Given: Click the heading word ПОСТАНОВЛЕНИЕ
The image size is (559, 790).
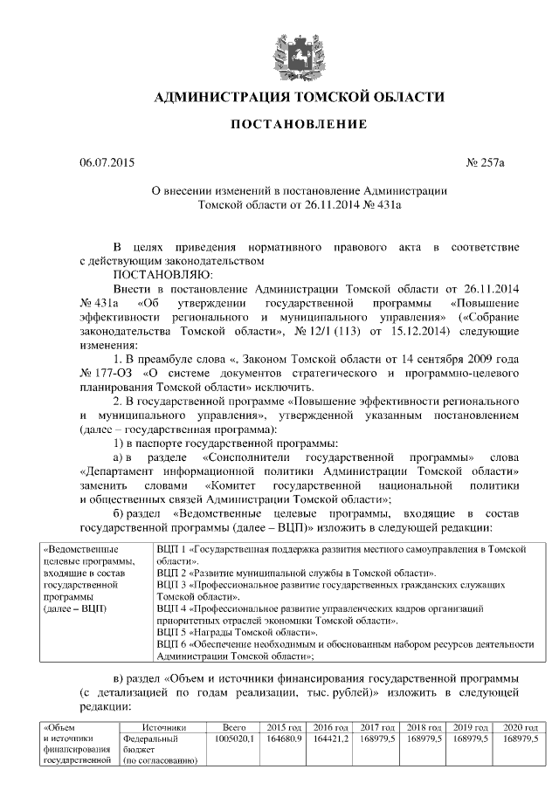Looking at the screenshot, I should [x=298, y=125].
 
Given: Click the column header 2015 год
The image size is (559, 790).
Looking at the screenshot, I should [x=284, y=726].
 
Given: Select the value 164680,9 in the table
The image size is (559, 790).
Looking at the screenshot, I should [x=284, y=738].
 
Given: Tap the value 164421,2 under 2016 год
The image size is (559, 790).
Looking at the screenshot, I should [x=331, y=738].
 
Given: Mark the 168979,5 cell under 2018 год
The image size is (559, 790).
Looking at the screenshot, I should [x=425, y=738].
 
